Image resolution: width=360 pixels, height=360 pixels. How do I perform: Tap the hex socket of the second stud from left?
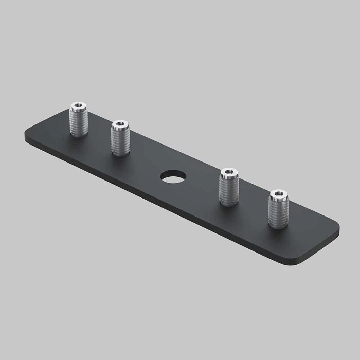pyautogui.click(x=120, y=124)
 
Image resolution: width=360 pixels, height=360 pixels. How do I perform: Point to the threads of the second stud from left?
pyautogui.click(x=120, y=141)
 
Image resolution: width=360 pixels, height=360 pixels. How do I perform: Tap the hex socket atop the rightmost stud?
pyautogui.click(x=278, y=194)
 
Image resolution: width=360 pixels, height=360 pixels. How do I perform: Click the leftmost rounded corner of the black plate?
pyautogui.click(x=27, y=138)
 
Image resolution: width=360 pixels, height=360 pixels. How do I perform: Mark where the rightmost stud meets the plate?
pyautogui.click(x=278, y=225)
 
